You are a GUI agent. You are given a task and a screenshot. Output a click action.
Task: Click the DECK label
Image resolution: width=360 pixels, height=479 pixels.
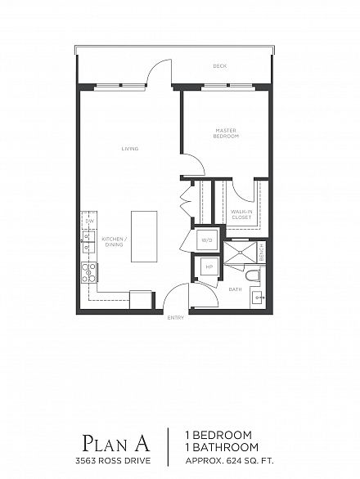tap(219, 66)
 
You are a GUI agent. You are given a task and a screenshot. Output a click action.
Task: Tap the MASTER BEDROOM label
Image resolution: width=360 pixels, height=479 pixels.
tap(226, 133)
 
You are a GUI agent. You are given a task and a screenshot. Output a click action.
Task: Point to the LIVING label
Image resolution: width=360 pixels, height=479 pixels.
tap(130, 149)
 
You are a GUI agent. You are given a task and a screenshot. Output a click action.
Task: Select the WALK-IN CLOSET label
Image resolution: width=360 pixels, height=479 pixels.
tap(241, 214)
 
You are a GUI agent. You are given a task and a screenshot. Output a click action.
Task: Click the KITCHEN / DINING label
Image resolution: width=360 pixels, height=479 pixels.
tap(114, 242)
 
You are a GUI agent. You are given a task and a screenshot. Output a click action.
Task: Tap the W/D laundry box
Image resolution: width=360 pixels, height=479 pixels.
tap(206, 240)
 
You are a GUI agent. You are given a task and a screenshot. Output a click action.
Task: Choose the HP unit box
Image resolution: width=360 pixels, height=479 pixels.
tap(209, 266)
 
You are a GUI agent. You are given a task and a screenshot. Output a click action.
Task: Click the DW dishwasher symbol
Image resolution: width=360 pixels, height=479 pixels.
tap(89, 221)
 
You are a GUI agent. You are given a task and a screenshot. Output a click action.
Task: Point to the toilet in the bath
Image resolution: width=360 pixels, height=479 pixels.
tap(253, 275)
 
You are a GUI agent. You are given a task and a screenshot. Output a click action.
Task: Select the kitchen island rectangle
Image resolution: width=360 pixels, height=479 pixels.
tap(144, 236)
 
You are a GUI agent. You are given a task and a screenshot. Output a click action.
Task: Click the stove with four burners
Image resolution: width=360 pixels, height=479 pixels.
tap(89, 272)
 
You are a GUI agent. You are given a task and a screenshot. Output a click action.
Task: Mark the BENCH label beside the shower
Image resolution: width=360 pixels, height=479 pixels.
tap(262, 253)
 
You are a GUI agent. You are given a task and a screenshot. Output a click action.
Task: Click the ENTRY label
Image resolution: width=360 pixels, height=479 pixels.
tap(176, 318)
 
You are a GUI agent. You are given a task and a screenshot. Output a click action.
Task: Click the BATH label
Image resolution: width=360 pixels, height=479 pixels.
tap(235, 289)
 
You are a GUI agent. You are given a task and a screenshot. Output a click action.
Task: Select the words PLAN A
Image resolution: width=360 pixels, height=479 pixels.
tap(116, 443)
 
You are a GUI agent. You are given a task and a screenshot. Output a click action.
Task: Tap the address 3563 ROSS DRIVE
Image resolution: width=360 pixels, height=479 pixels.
tap(113, 460)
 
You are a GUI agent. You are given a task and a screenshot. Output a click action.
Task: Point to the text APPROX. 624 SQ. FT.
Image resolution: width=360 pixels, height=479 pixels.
tap(229, 460)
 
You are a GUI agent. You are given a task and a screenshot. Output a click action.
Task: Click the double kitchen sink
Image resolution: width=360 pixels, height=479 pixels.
tap(88, 241)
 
